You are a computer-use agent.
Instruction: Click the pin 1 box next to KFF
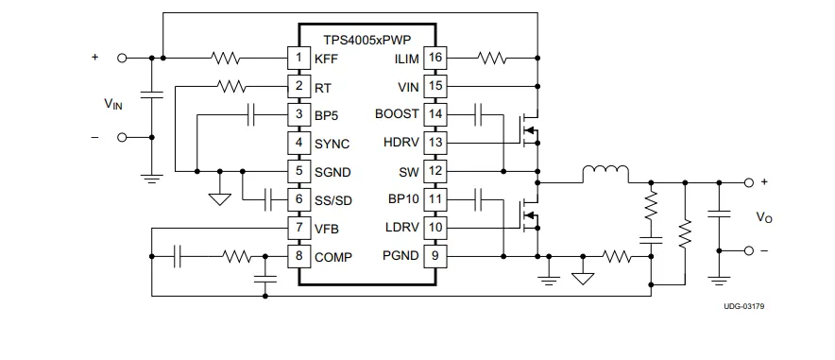point(298,58)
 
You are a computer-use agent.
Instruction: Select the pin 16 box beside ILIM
point(435,58)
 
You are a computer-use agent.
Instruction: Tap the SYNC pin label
point(332,144)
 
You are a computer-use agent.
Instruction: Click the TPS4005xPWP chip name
point(367,40)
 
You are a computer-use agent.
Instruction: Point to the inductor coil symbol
point(605,174)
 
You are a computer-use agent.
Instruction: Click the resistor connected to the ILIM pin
point(492,58)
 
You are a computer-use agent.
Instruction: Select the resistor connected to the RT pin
point(231,86)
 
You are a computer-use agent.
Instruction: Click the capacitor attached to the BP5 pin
point(251,114)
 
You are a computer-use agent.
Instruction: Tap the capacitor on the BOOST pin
point(478,114)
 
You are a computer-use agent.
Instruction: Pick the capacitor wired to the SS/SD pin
point(268,199)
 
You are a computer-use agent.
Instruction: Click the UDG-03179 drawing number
point(744,306)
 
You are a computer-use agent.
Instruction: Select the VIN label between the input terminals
point(113,103)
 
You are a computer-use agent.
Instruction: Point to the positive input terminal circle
point(122,58)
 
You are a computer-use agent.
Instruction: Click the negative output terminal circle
point(749,250)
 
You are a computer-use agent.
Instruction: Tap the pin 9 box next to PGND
point(435,256)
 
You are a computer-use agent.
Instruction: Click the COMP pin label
point(333,257)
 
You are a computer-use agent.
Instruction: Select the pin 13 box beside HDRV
point(435,143)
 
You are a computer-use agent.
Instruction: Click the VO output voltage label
point(764,216)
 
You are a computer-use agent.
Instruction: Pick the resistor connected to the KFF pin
point(225,58)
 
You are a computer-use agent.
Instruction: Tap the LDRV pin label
point(402,228)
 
